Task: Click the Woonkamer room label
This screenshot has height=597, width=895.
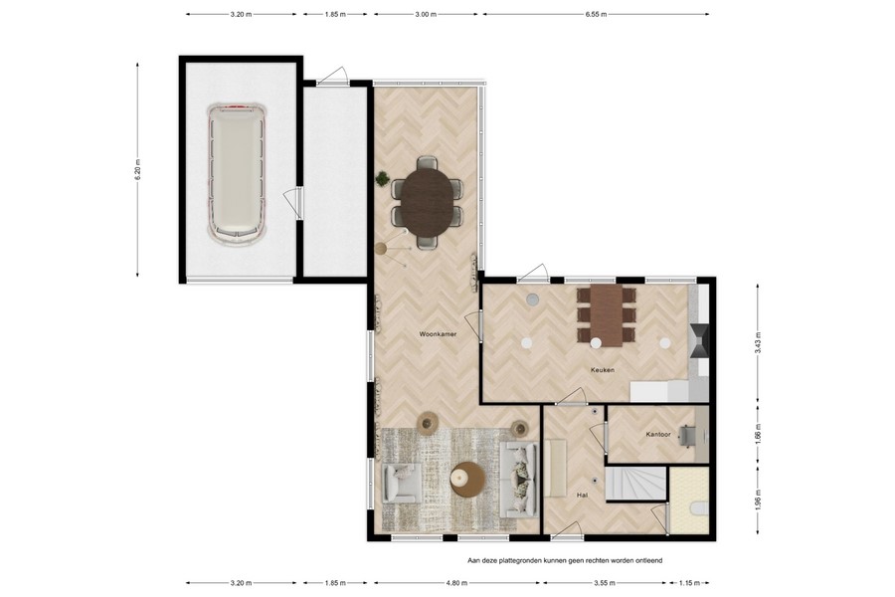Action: (438, 334)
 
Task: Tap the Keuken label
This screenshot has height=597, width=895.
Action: (603, 370)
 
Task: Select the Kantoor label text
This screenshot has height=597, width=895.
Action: (657, 435)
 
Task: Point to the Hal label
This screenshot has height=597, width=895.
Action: (583, 494)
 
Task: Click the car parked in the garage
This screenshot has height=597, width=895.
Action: (238, 172)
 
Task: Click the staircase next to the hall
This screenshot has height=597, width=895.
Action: (635, 485)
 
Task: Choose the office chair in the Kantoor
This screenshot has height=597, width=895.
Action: (687, 434)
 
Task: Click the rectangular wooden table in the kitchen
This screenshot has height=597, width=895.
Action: (607, 313)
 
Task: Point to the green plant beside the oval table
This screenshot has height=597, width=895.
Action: (382, 179)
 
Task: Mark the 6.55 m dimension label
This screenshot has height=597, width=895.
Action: (596, 15)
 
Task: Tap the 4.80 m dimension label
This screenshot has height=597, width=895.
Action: (455, 583)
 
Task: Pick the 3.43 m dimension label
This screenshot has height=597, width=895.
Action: (759, 344)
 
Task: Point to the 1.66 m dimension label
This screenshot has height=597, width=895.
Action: (759, 435)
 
